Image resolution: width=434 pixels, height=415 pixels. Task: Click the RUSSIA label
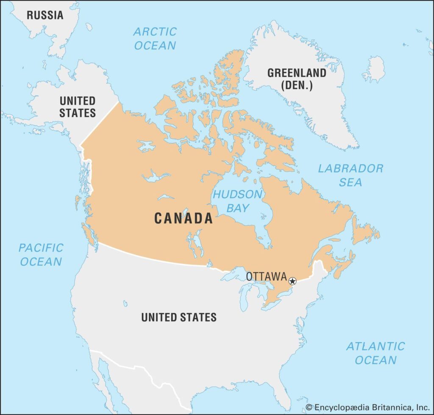(x=45, y=15)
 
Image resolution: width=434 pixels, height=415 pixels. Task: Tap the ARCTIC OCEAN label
(x=155, y=38)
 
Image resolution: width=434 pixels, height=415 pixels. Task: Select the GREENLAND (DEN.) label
(x=297, y=79)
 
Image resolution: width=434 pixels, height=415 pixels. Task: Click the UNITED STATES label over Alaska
(x=78, y=107)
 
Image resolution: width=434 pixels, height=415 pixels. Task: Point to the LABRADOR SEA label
(x=351, y=175)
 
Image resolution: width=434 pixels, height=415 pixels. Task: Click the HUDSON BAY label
(x=237, y=201)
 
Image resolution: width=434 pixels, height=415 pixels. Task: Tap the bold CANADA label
(x=183, y=218)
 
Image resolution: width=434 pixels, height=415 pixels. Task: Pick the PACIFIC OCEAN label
(x=41, y=254)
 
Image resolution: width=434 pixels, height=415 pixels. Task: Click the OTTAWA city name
(x=266, y=277)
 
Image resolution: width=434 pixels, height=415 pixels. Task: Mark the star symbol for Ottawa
(x=292, y=281)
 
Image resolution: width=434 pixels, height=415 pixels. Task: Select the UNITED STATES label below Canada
(x=179, y=317)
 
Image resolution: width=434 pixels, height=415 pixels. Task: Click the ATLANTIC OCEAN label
(x=376, y=353)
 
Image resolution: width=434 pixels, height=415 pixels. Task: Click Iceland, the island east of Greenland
(x=374, y=69)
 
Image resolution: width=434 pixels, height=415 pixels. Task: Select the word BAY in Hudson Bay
(x=237, y=208)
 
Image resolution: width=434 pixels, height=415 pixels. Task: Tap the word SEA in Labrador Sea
(x=351, y=182)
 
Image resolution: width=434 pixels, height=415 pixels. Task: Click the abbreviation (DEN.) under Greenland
(x=297, y=85)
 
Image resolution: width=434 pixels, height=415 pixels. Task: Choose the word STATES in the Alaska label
(x=78, y=113)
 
